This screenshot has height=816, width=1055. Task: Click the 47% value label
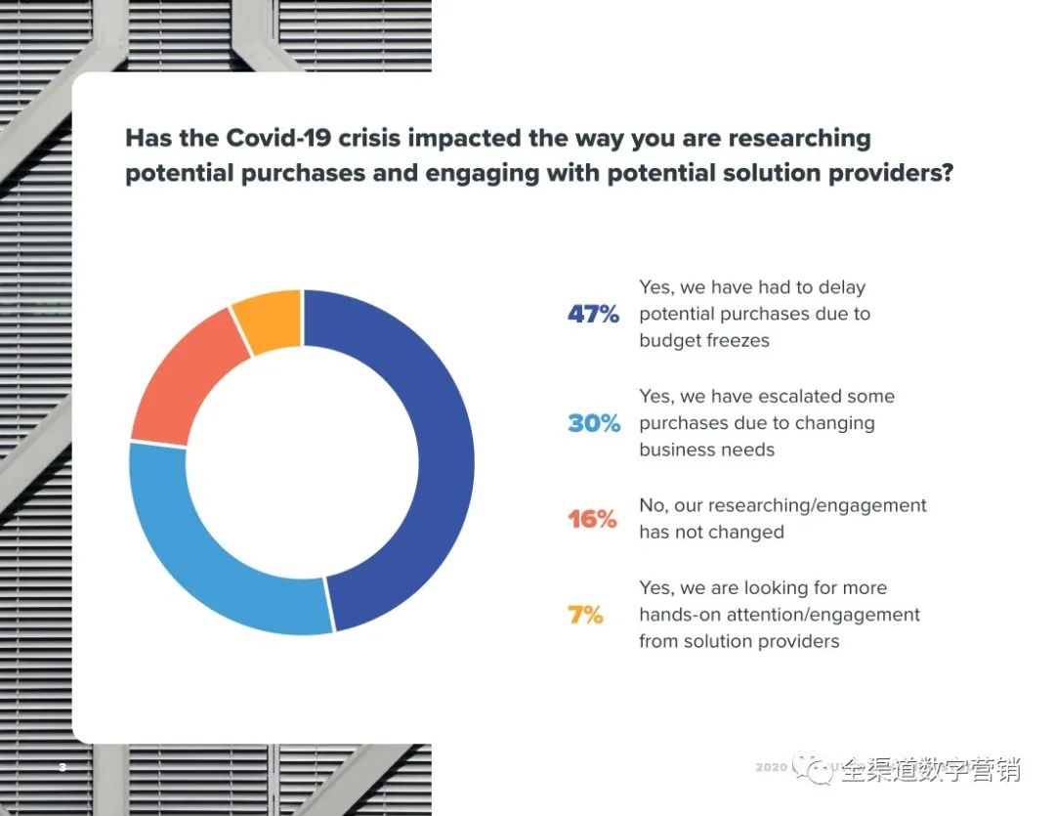pyautogui.click(x=594, y=315)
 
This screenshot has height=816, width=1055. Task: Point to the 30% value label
pyautogui.click(x=594, y=423)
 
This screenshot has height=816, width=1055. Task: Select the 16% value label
pyautogui.click(x=593, y=519)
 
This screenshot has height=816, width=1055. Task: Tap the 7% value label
pyautogui.click(x=586, y=616)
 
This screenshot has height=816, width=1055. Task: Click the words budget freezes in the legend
pyautogui.click(x=704, y=341)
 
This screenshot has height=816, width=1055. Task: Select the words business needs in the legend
pyautogui.click(x=706, y=450)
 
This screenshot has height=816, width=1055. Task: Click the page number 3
pyautogui.click(x=63, y=767)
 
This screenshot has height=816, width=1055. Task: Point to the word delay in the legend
pyautogui.click(x=842, y=287)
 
